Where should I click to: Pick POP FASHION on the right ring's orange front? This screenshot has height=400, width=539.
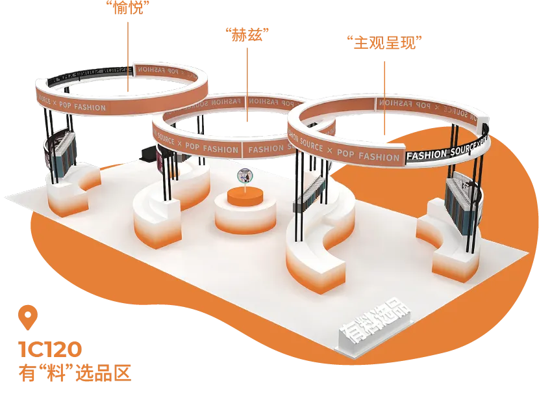[x=370, y=157]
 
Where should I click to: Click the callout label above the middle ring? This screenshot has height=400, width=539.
[x=247, y=33]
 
